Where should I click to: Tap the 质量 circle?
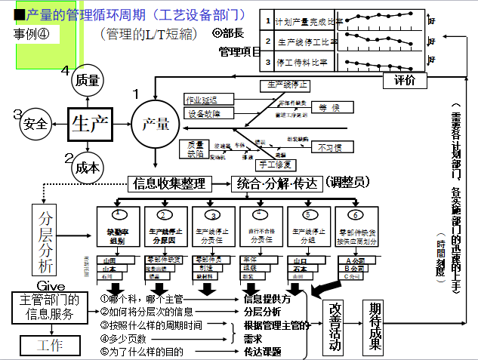tap(88, 81)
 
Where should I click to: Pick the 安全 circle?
tap(35, 123)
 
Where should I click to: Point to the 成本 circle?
tap(88, 168)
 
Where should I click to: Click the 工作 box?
tap(46, 345)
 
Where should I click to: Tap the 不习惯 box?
tap(329, 147)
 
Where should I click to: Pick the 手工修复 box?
tap(277, 164)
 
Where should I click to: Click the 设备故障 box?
tap(205, 114)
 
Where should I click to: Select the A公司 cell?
tap(354, 260)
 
